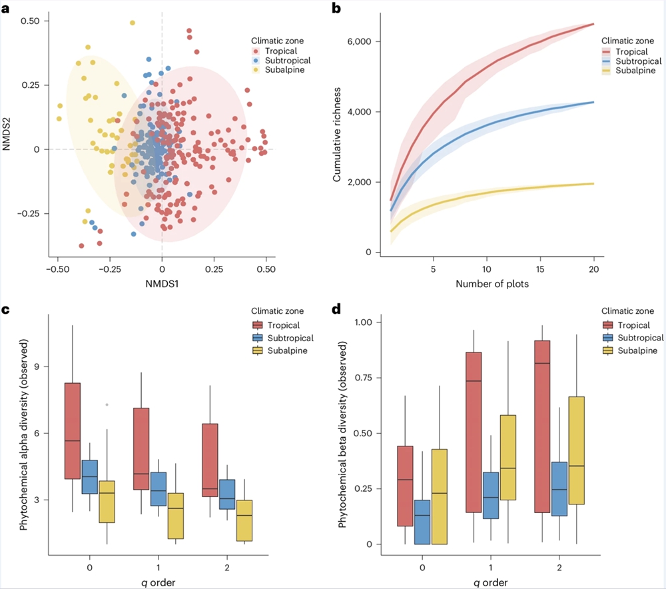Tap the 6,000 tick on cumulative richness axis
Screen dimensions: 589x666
click(362, 41)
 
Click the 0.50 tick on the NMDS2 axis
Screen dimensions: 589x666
click(29, 21)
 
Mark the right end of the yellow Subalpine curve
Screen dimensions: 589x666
click(593, 183)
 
